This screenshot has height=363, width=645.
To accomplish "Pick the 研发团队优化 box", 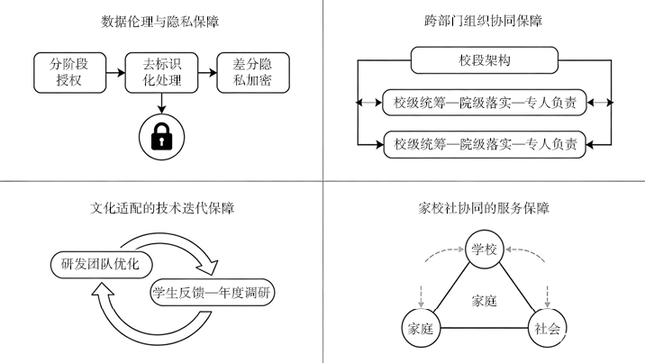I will coord(100,263).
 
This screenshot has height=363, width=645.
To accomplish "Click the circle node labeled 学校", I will coord(484,250).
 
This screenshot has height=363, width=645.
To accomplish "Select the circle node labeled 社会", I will coord(547,328).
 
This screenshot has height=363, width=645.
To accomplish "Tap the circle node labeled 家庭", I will coord(421,328).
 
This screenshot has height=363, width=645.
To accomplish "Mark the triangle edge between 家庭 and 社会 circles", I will coord(484,329).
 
